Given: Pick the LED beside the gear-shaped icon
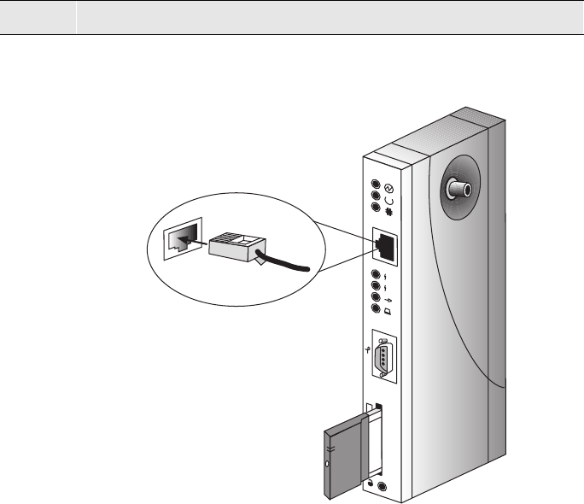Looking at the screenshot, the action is [x=376, y=214].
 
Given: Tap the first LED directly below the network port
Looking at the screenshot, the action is [x=377, y=275].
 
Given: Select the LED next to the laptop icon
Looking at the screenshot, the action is [x=377, y=311].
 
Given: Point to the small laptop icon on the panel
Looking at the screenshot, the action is [x=389, y=313].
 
